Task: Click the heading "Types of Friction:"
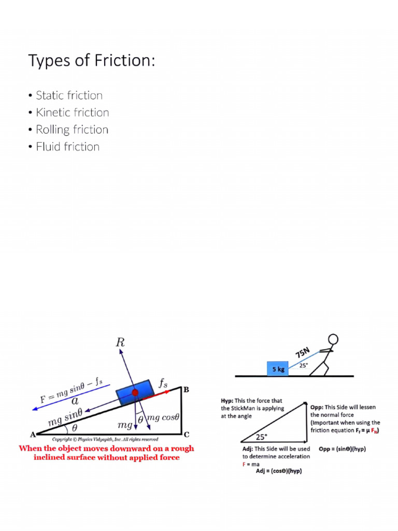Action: [91, 61]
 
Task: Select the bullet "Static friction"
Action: [69, 95]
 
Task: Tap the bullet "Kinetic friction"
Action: [72, 113]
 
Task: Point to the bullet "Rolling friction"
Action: [72, 130]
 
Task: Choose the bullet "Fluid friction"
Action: [67, 147]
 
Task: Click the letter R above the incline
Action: [120, 343]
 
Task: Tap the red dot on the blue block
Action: [135, 393]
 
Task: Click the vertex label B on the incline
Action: [186, 389]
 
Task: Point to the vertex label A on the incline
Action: [32, 434]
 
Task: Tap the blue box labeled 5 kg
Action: [278, 369]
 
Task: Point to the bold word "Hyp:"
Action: [227, 401]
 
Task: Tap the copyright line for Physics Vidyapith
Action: [105, 439]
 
